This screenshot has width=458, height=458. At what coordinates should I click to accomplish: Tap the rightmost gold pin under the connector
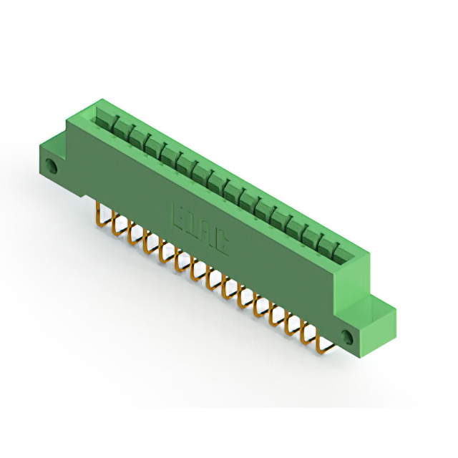click(x=323, y=341)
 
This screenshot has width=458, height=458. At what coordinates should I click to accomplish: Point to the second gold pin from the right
click(x=309, y=331)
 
